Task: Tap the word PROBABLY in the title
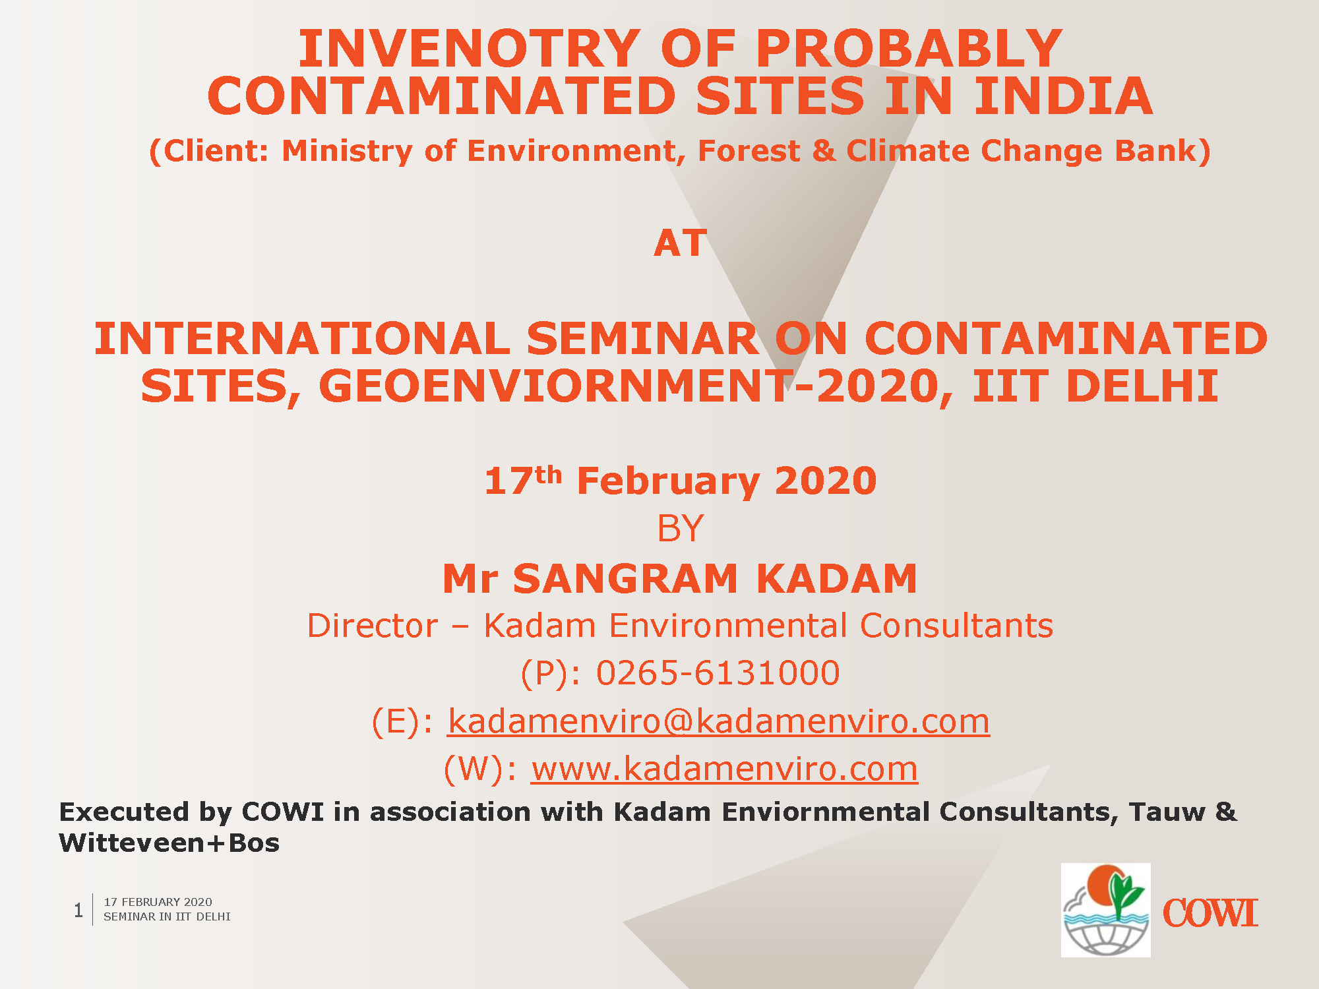click(909, 49)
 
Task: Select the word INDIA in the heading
click(1063, 96)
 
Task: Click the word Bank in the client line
click(1157, 151)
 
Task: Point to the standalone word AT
click(680, 243)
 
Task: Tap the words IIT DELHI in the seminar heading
click(1095, 386)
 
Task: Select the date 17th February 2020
click(680, 480)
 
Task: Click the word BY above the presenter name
click(680, 529)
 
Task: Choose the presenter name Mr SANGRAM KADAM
click(680, 579)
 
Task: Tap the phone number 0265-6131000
click(718, 673)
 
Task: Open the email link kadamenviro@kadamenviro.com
click(719, 721)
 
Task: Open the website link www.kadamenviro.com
click(724, 769)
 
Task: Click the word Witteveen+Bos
click(169, 843)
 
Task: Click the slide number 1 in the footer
click(78, 910)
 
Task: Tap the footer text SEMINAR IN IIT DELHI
click(167, 917)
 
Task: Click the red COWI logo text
click(1210, 914)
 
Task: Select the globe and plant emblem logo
click(1106, 910)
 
